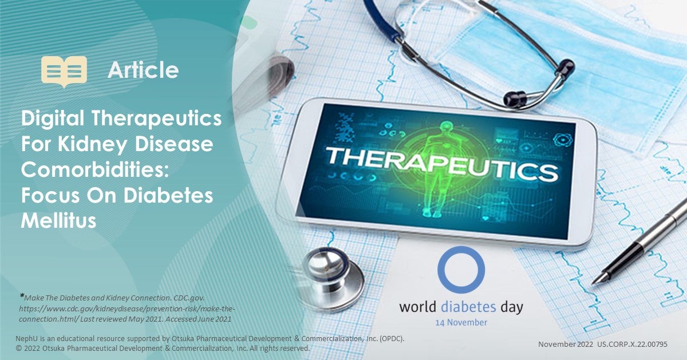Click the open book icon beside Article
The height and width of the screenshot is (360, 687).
(x=64, y=71)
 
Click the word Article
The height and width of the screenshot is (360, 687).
(x=143, y=70)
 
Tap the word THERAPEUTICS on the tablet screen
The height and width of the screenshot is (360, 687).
(x=441, y=164)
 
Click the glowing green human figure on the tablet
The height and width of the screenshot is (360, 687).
(x=441, y=172)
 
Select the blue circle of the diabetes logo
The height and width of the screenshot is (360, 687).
(x=461, y=270)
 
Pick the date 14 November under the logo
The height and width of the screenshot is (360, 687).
(x=461, y=322)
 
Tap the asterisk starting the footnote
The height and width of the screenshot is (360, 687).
(x=22, y=296)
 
